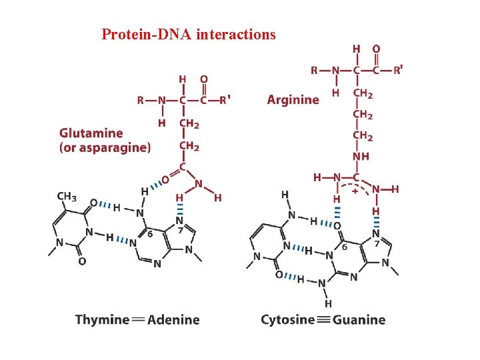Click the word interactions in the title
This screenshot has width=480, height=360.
236,34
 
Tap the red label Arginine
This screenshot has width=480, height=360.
293,99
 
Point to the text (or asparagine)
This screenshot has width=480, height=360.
105,147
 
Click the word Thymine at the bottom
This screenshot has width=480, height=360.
102,319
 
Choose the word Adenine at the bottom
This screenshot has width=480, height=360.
173,319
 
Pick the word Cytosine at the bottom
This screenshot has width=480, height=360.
287,319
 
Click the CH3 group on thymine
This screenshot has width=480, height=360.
67,197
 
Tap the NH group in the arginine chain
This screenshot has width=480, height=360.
361,157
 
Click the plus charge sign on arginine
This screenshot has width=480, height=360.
355,190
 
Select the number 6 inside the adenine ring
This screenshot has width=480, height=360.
151,234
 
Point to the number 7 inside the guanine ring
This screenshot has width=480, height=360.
377,245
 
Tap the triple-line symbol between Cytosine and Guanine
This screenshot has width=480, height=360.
323,319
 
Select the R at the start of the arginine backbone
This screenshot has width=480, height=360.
314,70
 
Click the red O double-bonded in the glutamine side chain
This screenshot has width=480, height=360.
165,179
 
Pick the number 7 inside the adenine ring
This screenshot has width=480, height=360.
181,230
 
